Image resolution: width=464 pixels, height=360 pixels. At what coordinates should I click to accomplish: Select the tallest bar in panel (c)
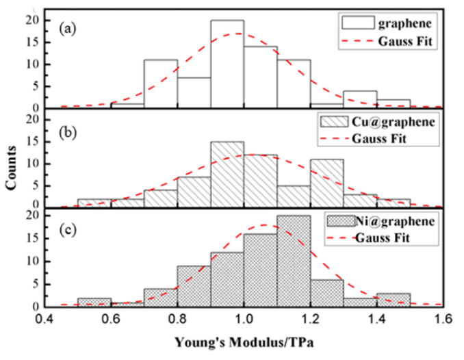pyautogui.click(x=294, y=259)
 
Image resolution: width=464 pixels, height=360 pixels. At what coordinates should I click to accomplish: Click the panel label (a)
pyautogui.click(x=66, y=29)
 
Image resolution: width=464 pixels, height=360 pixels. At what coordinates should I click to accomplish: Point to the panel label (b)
pyautogui.click(x=66, y=129)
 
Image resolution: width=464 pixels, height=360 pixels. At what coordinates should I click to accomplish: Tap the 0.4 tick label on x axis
pyautogui.click(x=46, y=319)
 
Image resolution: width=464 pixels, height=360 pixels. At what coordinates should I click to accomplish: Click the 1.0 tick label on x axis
pyautogui.click(x=244, y=319)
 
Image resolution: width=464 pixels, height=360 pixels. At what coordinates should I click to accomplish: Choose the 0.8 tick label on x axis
pyautogui.click(x=178, y=319)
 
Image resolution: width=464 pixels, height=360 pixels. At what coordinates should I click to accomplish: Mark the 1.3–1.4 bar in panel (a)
pyautogui.click(x=360, y=99)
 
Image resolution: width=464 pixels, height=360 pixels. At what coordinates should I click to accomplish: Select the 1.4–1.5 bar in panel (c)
pyautogui.click(x=393, y=300)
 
